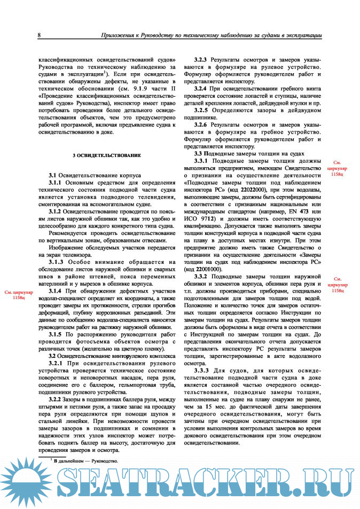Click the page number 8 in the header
[40, 35]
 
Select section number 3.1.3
[60, 262]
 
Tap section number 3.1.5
[59, 333]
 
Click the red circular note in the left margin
[19, 296]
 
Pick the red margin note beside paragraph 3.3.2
[337, 285]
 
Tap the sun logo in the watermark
[24, 487]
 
